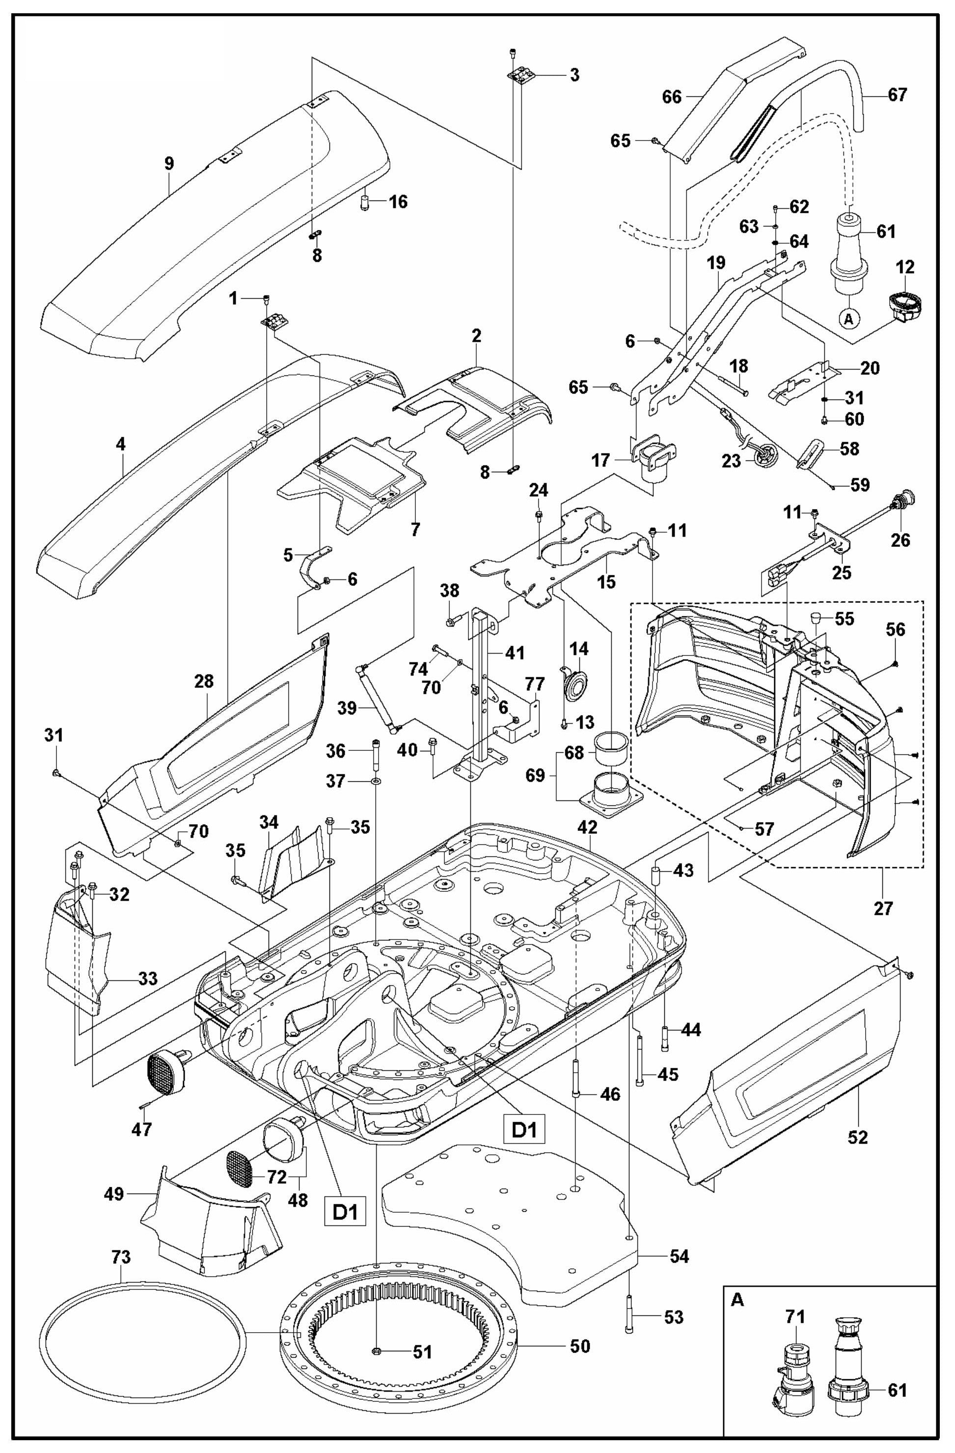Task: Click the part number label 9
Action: click(169, 164)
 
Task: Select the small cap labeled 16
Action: click(365, 201)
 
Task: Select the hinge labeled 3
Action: click(520, 76)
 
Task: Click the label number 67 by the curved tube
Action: click(897, 95)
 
